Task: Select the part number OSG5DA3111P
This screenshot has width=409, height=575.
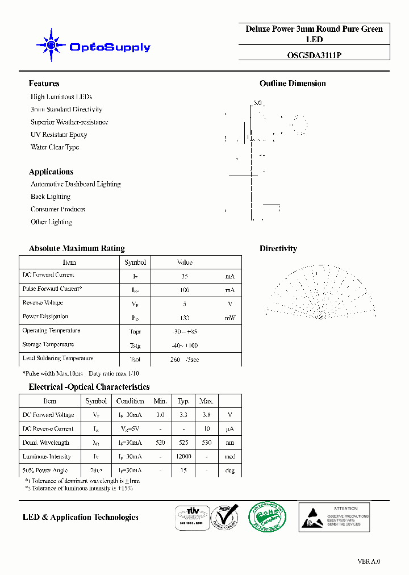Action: click(314, 55)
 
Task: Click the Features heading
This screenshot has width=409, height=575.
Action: click(44, 84)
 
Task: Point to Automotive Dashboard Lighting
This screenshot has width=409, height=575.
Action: click(76, 184)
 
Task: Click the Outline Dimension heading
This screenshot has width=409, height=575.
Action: click(293, 84)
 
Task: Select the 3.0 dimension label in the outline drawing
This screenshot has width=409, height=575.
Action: click(257, 103)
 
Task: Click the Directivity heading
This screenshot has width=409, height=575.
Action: click(278, 248)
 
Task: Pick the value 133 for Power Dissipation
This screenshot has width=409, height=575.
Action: click(184, 318)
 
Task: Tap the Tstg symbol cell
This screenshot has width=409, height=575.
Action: click(135, 345)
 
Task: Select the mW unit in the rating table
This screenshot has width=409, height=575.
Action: click(229, 318)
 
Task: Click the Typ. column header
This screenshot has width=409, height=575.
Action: click(183, 401)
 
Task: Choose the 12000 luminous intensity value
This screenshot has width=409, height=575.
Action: click(183, 456)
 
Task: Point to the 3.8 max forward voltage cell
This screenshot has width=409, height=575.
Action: click(206, 415)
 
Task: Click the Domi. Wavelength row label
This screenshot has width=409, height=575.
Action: click(46, 443)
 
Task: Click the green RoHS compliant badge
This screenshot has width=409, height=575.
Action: click(267, 516)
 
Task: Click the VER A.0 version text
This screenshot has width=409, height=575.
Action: click(369, 561)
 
